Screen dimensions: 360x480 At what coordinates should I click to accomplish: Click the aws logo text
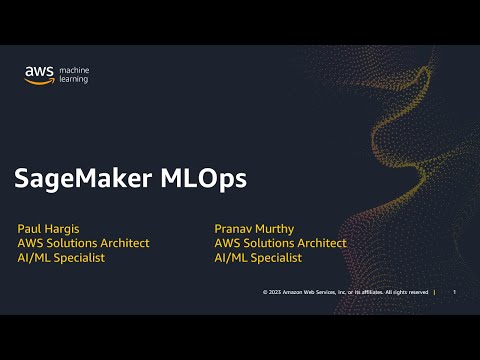[40, 72]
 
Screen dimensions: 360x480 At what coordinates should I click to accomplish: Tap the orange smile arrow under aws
[40, 82]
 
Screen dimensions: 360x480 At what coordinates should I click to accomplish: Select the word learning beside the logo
[74, 80]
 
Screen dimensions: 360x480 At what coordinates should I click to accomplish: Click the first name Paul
[30, 229]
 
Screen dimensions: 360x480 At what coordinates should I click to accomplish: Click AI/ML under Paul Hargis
[33, 258]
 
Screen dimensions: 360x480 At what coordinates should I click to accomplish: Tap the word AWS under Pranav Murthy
[228, 243]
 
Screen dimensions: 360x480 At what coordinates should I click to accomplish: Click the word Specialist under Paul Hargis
[80, 258]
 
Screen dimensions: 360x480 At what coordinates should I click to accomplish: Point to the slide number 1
[454, 292]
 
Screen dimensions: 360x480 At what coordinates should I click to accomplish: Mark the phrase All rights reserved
[407, 292]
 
